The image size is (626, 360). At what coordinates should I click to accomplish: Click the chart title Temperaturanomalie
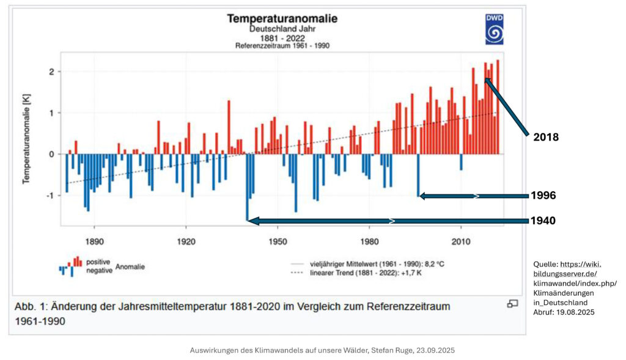coord(282,18)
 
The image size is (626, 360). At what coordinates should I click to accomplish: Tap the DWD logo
coord(494,29)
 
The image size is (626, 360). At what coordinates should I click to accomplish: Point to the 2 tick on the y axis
coord(52,72)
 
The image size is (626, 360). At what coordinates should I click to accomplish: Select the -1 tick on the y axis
coord(51,196)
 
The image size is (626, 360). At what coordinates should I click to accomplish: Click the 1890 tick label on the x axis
coord(94,241)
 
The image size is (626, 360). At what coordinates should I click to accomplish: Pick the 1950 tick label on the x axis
coord(278,241)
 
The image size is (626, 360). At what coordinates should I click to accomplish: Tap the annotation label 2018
coord(546,138)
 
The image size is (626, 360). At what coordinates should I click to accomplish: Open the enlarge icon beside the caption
coord(512,304)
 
